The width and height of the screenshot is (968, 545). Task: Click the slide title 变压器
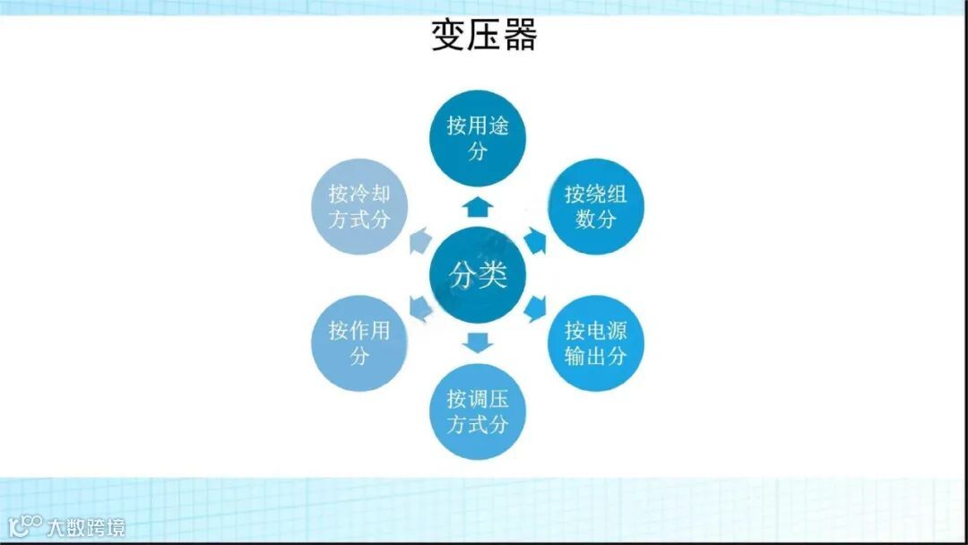point(484,36)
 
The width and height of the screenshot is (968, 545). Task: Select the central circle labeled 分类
point(479,275)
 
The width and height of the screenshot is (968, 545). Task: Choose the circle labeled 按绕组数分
point(596,206)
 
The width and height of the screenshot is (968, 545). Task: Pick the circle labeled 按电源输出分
point(596,342)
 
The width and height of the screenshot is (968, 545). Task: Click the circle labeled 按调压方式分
point(479,411)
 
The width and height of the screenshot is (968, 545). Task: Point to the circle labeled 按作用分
point(359,342)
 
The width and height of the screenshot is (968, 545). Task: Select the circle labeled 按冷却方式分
point(359,206)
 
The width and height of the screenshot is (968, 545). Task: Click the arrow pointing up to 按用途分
point(479,205)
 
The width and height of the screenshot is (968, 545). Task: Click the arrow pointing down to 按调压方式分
point(479,342)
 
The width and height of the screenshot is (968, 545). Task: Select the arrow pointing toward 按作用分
point(419,308)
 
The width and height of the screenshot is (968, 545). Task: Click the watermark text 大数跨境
point(86,526)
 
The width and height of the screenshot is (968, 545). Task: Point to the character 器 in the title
point(519,36)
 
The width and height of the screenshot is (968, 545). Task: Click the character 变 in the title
point(449,36)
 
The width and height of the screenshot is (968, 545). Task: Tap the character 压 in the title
point(484,36)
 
